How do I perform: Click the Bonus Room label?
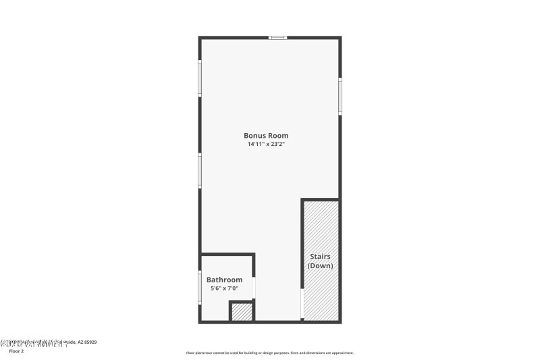point(270,136)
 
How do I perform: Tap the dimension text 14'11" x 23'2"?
point(270,145)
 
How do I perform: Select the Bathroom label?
point(224,280)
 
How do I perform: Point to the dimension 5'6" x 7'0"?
point(224,288)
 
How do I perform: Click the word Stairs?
point(320,257)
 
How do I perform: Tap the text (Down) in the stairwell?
point(320,266)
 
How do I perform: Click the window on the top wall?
point(277,38)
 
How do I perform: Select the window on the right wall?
point(340,96)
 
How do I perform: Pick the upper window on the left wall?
point(200,79)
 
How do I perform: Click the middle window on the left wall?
point(200,170)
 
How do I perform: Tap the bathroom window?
point(200,286)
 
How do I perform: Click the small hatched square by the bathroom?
point(241,311)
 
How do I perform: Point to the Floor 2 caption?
point(16,351)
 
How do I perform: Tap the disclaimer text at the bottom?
point(269,353)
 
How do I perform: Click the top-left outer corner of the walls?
point(199,37)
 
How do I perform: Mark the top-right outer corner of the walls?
point(341,37)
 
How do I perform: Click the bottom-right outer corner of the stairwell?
point(341,322)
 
